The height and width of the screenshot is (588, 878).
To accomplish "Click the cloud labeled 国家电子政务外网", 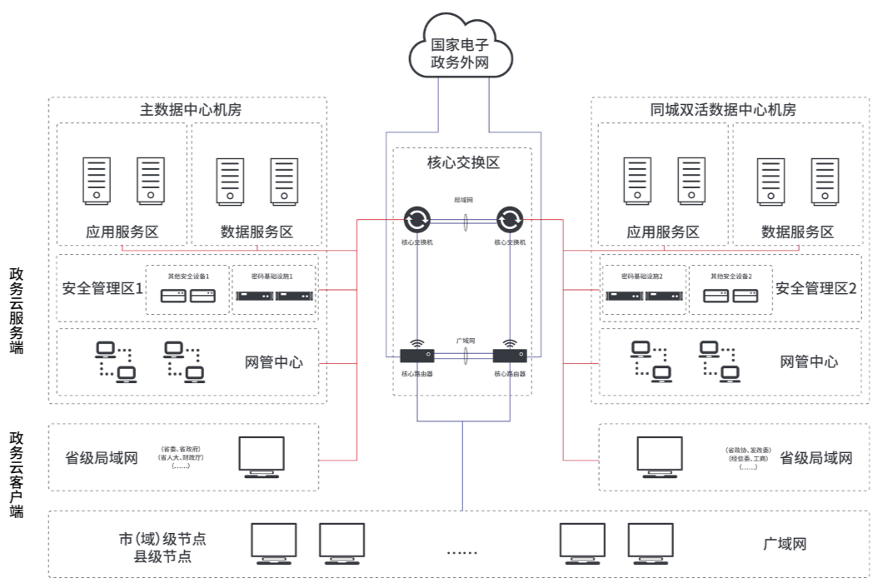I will (459, 52).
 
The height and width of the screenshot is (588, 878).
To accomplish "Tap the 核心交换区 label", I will (463, 163).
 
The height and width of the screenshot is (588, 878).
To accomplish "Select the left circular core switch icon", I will (417, 221).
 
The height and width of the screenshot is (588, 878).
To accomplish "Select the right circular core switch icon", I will (508, 221).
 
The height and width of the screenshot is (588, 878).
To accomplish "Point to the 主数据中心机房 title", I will (190, 109).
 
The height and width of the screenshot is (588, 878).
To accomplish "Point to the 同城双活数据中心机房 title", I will (723, 109).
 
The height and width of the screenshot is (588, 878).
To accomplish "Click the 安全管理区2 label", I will (816, 289).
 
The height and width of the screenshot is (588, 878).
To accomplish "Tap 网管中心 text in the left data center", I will (273, 362).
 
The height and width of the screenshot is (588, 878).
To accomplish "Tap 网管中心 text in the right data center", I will (809, 361).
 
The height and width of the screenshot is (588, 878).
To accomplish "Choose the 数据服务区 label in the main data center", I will (257, 232).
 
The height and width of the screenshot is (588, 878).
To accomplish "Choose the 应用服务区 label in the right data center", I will (662, 232).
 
